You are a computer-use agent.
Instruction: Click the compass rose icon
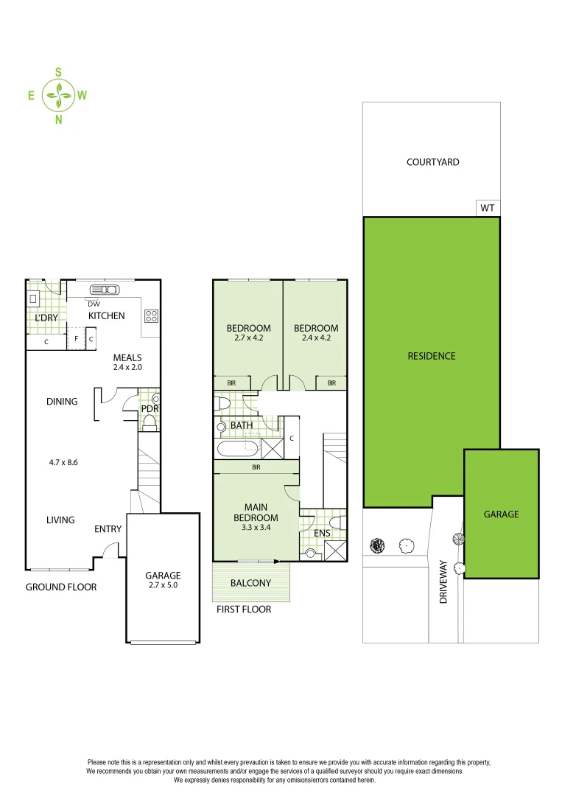point(58,95)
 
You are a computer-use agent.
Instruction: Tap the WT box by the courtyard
point(488,208)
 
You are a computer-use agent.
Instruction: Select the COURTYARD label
point(432,162)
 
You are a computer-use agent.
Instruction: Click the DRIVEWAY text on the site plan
point(443,582)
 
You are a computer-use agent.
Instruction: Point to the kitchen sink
point(105,290)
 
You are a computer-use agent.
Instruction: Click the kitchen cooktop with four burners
point(151,315)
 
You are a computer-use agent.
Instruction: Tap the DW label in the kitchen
point(94,304)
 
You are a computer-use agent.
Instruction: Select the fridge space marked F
point(76,338)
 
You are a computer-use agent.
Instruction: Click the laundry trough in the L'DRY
point(33,298)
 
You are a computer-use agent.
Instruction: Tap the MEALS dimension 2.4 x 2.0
point(127,367)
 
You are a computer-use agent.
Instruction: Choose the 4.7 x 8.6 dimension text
point(63,462)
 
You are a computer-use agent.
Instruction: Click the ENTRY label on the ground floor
point(108,529)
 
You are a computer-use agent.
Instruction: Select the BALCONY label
point(250,583)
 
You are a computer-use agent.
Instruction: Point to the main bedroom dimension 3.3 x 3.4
point(256,528)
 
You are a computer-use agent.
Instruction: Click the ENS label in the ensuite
point(322,533)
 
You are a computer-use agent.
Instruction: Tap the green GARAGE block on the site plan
point(501,514)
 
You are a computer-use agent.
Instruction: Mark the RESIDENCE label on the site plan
point(432,356)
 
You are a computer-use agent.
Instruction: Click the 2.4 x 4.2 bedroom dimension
point(316,338)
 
